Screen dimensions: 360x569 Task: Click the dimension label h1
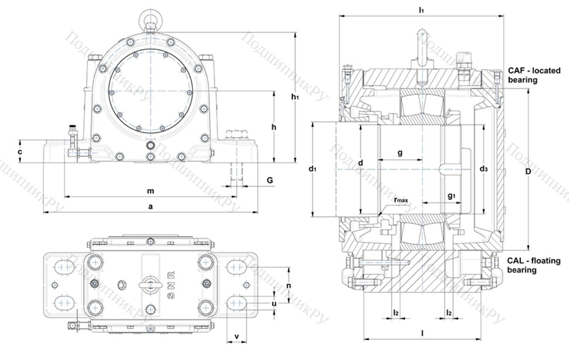294,98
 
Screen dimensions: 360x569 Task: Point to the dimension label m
150,191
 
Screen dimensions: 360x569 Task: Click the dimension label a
150,206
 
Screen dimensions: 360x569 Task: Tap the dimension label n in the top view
289,285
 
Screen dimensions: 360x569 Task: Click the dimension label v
237,336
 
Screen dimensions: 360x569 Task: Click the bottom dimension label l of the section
422,333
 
